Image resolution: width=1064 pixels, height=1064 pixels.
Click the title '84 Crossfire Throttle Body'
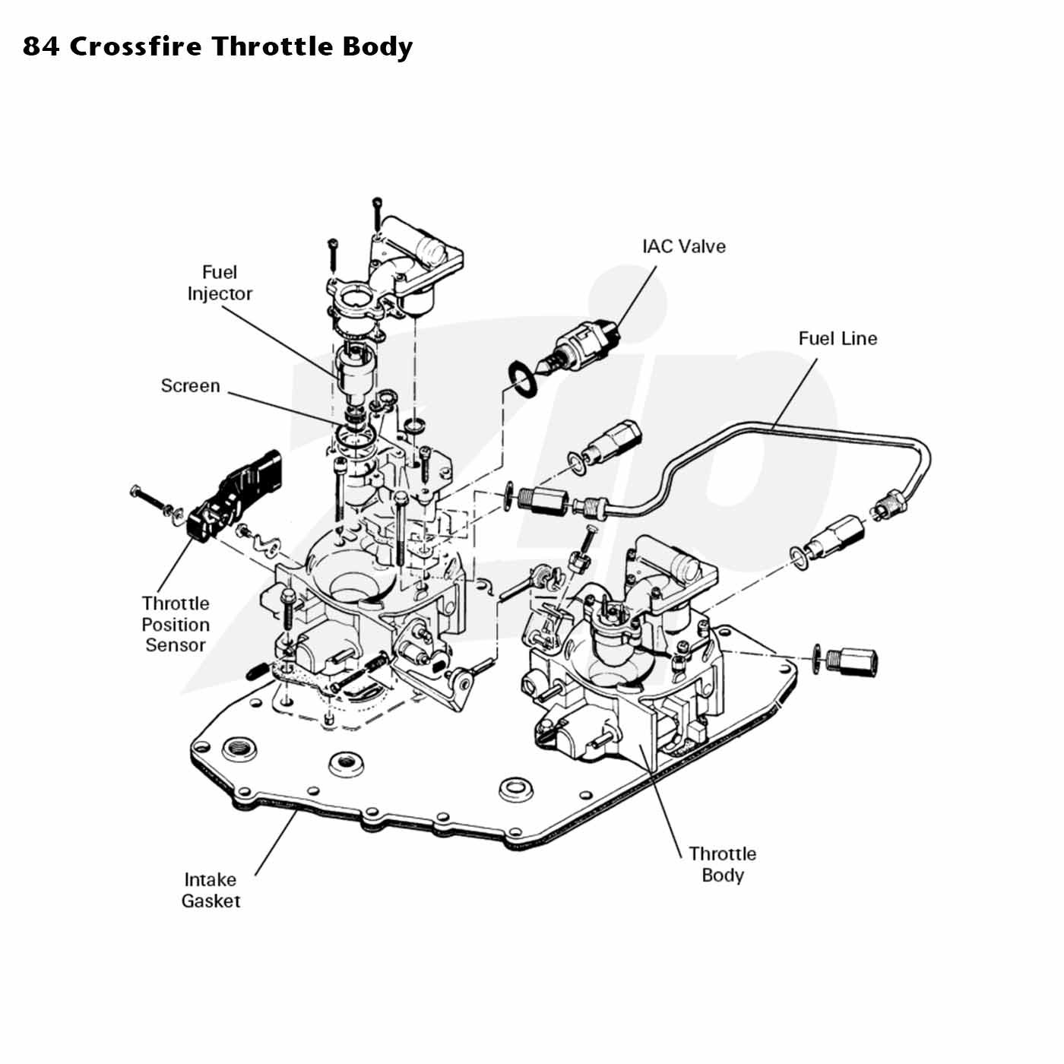coord(217,47)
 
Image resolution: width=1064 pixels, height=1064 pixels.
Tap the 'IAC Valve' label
coord(683,246)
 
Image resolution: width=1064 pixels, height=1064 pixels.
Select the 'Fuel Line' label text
coord(837,338)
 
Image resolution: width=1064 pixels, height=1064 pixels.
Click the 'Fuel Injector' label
coord(220,283)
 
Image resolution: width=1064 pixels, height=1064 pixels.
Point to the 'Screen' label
coord(190,385)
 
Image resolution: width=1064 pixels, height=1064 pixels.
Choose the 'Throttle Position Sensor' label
coord(176,625)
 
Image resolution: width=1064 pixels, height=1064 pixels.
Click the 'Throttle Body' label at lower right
coord(722,865)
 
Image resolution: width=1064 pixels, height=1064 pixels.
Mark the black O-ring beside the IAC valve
coord(521,378)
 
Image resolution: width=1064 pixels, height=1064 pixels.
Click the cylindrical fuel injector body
coord(355,370)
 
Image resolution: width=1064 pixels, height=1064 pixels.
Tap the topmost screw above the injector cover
coord(377,214)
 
